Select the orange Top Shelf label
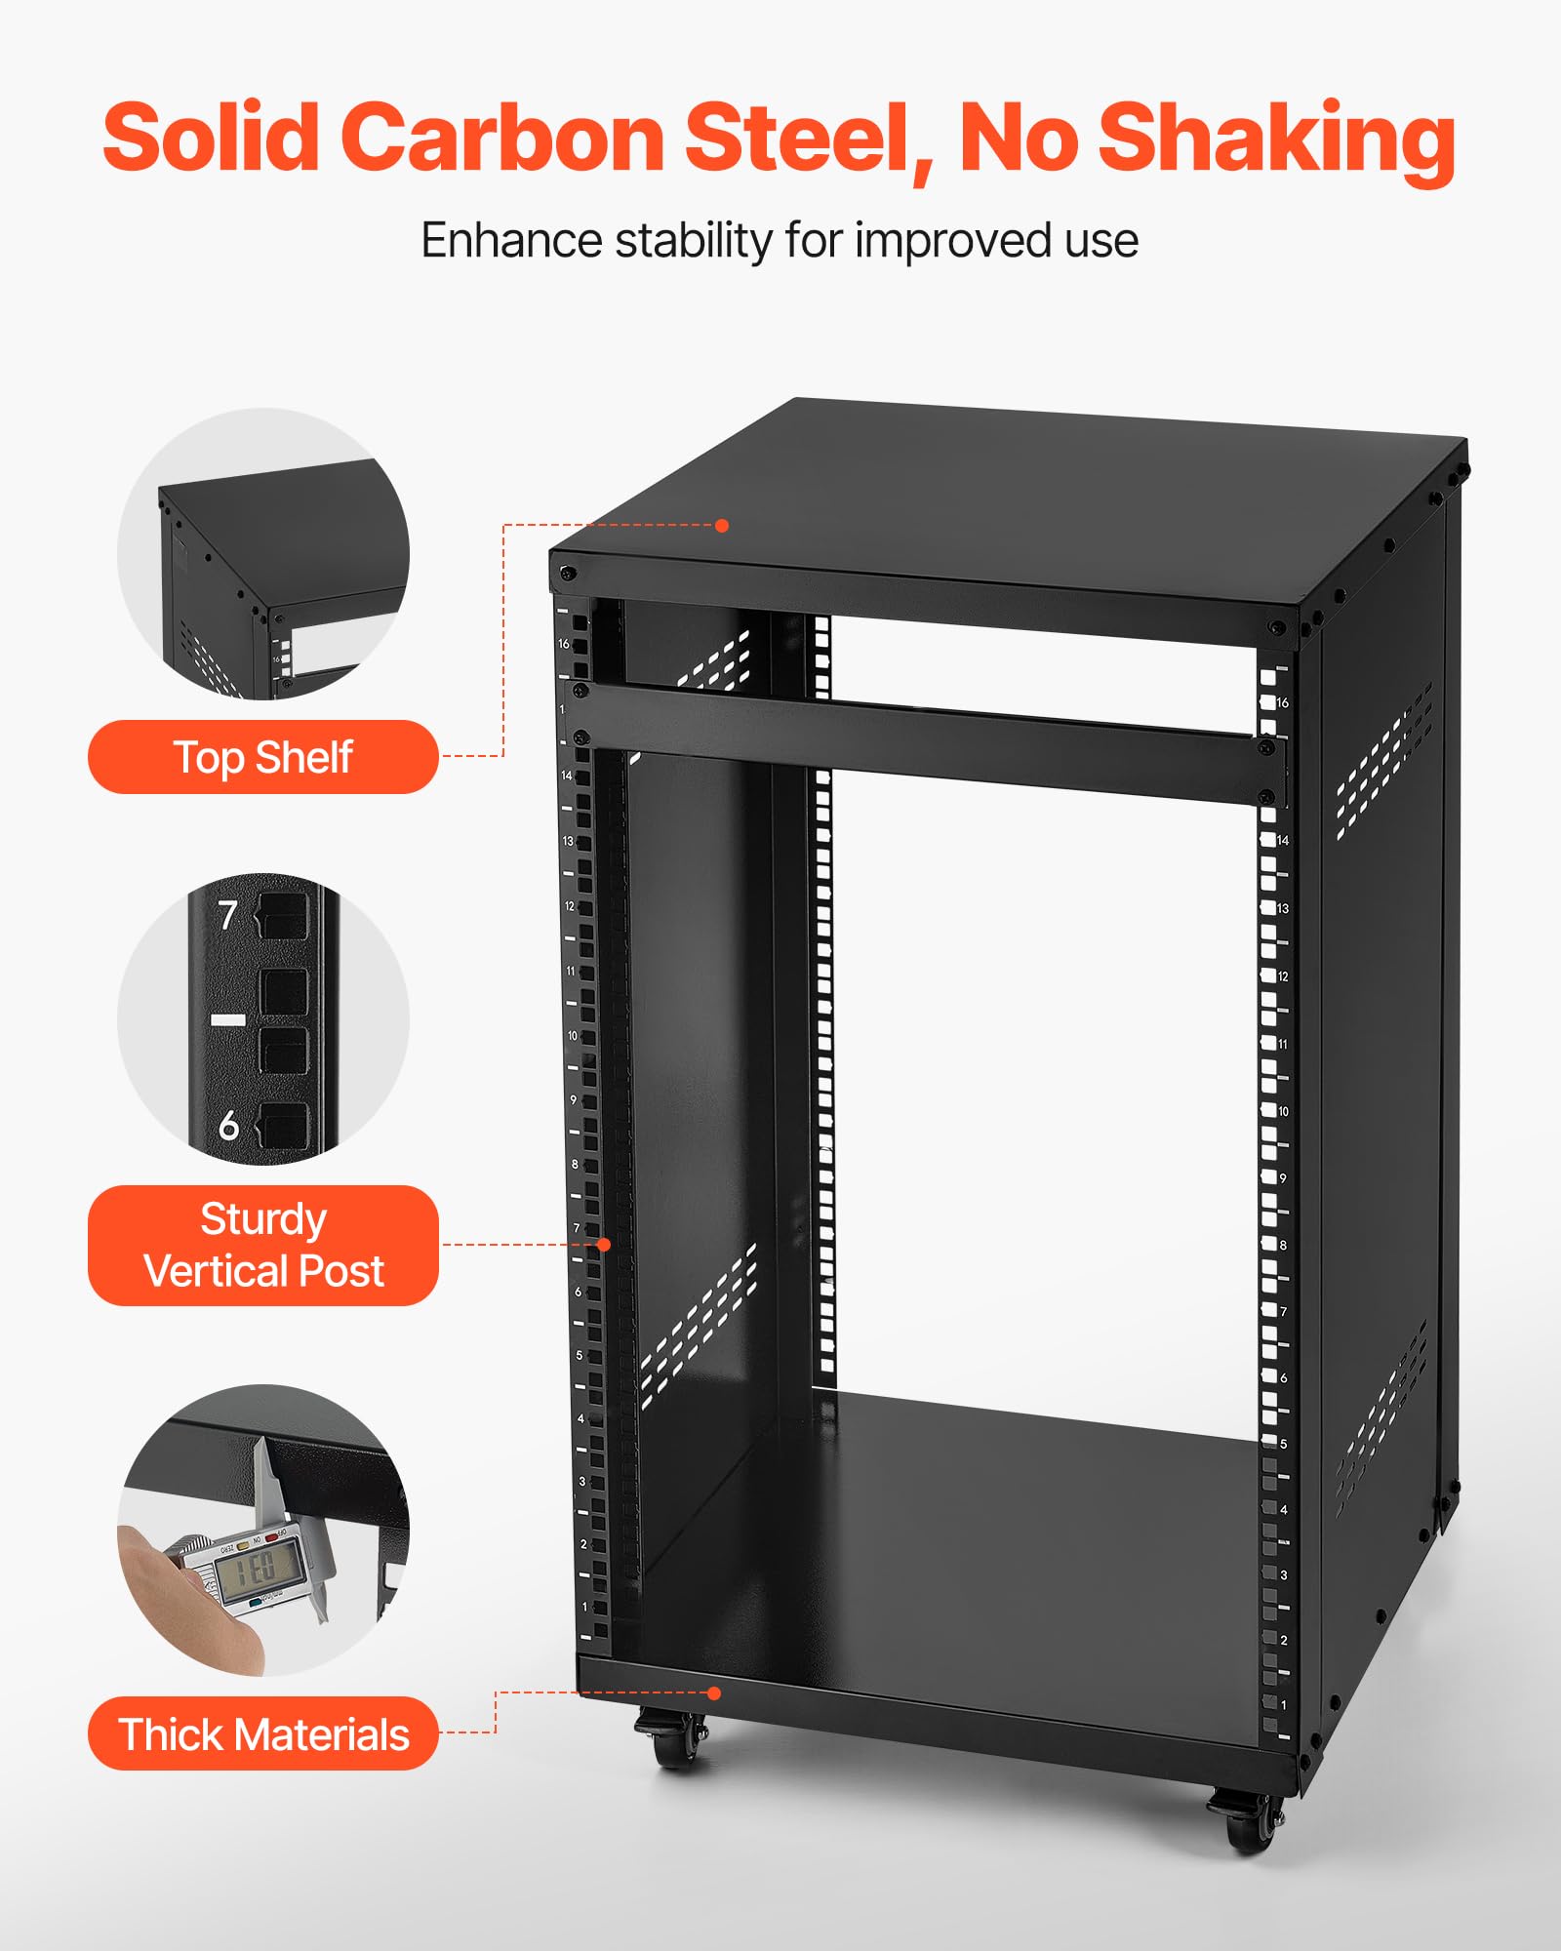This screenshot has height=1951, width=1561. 262,757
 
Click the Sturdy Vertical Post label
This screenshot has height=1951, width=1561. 262,1245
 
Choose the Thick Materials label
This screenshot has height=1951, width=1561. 262,1734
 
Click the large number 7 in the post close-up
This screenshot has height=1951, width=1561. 227,915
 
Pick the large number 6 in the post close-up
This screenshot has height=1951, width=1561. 228,1126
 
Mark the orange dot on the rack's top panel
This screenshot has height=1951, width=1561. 722,526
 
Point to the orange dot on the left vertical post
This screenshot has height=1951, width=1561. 604,1245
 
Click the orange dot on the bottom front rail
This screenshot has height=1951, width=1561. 714,1693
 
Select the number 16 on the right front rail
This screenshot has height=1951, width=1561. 1282,702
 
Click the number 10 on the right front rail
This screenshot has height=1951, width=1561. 1283,1111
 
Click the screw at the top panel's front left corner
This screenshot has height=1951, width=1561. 567,574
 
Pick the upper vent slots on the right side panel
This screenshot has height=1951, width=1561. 1384,761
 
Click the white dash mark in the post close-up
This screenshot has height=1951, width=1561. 228,1019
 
